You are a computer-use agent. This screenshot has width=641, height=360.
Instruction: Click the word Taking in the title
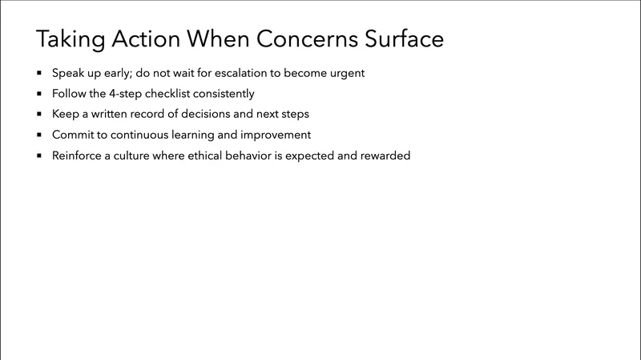click(67, 38)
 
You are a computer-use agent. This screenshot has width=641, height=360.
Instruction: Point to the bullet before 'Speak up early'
click(38, 73)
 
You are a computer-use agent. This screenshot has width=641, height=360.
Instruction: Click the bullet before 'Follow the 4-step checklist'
click(38, 94)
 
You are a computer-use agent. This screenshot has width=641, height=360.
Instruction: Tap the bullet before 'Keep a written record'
click(38, 115)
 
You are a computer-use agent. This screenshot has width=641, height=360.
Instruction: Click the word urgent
click(345, 73)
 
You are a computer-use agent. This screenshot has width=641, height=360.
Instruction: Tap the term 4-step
click(126, 94)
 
